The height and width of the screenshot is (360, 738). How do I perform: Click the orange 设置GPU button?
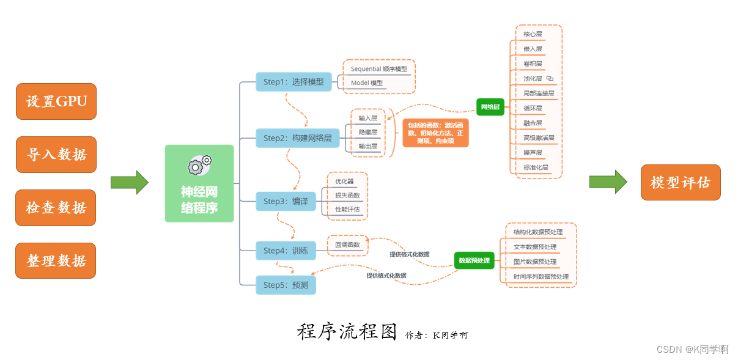(56, 101)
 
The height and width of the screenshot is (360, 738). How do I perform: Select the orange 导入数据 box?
(56, 155)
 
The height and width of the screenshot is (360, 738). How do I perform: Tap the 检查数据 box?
(56, 208)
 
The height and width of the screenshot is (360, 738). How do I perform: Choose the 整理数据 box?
(56, 261)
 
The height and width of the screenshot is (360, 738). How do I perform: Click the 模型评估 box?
(680, 182)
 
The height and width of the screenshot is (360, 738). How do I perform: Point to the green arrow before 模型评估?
(608, 182)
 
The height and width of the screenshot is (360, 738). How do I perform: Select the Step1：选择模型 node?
(293, 82)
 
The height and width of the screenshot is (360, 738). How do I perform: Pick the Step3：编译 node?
(286, 201)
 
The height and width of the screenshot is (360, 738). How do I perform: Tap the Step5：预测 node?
(286, 285)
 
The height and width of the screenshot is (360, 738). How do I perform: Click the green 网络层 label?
(490, 107)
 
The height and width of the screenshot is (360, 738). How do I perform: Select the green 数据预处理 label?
(474, 260)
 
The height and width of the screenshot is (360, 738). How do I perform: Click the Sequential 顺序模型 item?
(378, 69)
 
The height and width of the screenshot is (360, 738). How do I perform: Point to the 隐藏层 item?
(368, 132)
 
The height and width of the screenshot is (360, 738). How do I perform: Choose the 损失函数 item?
(347, 196)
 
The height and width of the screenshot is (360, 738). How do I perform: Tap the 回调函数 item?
(347, 245)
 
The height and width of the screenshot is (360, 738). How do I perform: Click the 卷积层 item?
(533, 64)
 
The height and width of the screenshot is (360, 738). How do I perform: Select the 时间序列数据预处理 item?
(541, 277)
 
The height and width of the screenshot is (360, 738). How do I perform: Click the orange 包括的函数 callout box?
(435, 133)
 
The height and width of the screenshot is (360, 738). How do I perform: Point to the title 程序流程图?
(347, 332)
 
